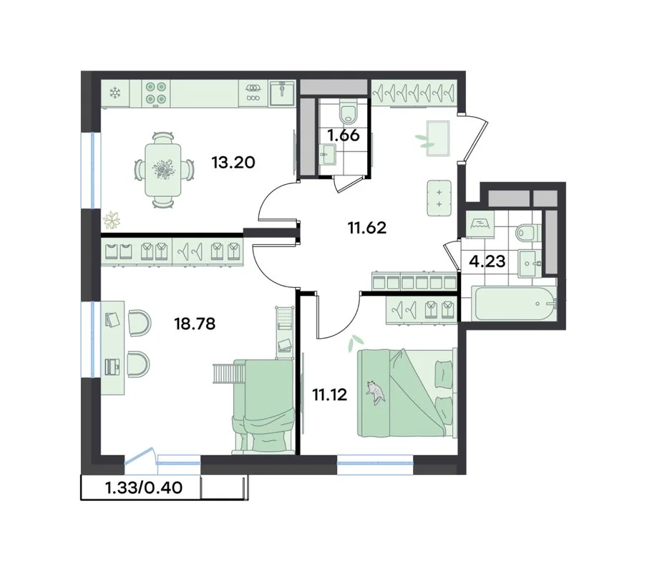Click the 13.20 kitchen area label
point(233,163)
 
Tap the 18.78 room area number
point(195,324)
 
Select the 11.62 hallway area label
point(367,228)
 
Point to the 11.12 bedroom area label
point(329,395)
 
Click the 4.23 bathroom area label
point(487,261)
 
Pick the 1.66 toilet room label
point(344,135)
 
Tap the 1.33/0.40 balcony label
point(144,488)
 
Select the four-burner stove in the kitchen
point(157,92)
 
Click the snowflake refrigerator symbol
point(115,93)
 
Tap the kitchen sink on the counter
point(282,93)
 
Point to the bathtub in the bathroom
point(514,304)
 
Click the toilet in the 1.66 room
point(349,112)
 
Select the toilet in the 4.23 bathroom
point(527,233)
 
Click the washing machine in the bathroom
point(482,225)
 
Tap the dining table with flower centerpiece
point(163,170)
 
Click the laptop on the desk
point(112,366)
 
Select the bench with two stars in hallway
point(439,198)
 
